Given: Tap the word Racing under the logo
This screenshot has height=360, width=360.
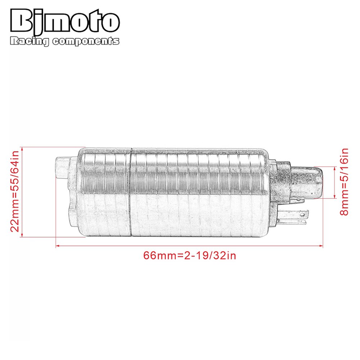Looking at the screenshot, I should pyautogui.click(x=30, y=42).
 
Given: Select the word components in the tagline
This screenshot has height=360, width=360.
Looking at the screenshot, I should pyautogui.click(x=86, y=42).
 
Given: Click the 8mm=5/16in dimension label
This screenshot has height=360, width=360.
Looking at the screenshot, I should pyautogui.click(x=345, y=182).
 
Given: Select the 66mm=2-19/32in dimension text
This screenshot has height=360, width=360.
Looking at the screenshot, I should pyautogui.click(x=190, y=256).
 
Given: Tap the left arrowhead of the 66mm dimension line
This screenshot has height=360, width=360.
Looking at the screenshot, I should pyautogui.click(x=57, y=246).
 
